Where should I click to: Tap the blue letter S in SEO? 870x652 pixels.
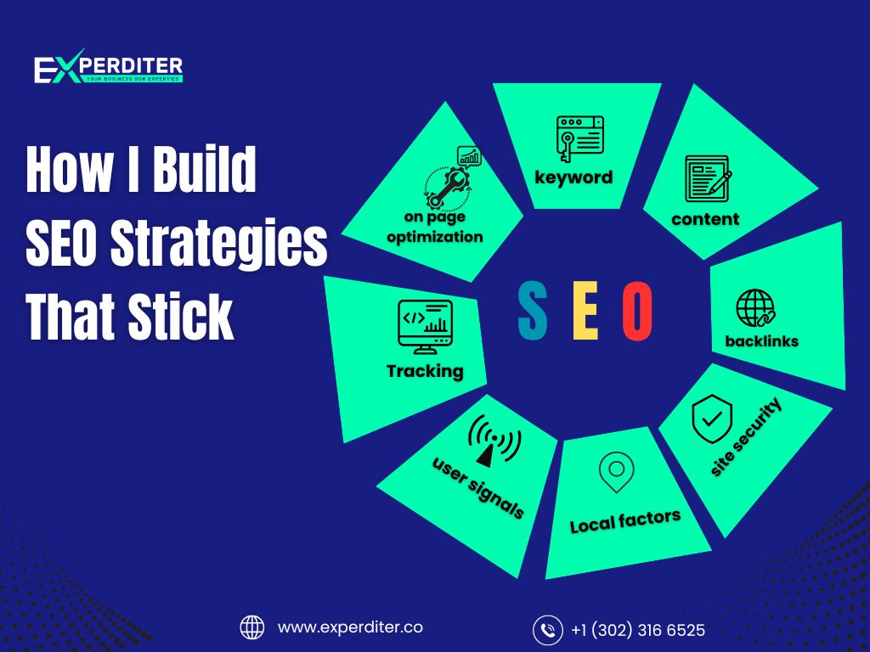[533, 311]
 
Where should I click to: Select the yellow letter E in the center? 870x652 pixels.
[585, 311]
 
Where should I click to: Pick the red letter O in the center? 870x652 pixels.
[637, 311]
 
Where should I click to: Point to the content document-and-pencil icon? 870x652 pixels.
[708, 179]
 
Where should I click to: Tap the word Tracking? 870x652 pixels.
[425, 371]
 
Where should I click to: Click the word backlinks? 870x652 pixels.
[761, 341]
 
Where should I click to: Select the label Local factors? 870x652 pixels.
[624, 520]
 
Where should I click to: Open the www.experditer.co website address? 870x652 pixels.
[350, 627]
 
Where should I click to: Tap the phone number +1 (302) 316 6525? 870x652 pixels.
[637, 630]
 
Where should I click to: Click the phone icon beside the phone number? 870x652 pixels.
[548, 630]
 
